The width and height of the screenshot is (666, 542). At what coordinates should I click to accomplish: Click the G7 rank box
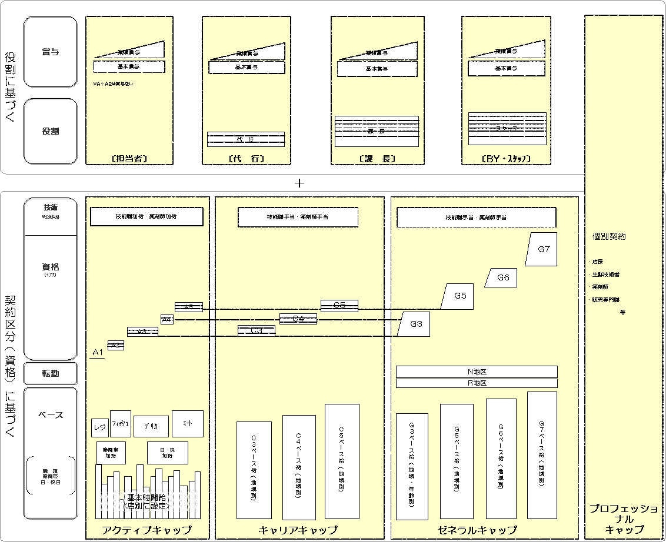click(542, 249)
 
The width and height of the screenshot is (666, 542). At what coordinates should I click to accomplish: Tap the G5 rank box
click(459, 296)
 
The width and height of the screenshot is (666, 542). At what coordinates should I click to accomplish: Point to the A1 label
click(98, 352)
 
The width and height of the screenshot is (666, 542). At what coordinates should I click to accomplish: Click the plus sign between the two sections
click(299, 183)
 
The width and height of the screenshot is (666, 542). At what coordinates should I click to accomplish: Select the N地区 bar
click(477, 372)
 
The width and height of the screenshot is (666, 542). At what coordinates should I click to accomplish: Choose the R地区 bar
click(477, 383)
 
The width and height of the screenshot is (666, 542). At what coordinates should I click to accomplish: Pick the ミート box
click(188, 423)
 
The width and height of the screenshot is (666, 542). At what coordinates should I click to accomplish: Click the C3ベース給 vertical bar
click(254, 470)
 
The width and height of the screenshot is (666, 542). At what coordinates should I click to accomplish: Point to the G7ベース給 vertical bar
click(542, 456)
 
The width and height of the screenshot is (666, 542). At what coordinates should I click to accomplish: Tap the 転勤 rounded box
click(51, 373)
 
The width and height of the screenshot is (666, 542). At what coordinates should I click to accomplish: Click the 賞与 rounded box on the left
click(51, 52)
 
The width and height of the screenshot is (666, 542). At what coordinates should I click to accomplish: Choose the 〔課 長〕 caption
click(376, 159)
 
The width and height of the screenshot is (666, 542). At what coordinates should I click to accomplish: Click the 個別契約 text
click(609, 236)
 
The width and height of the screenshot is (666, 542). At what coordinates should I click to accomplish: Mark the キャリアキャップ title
click(298, 530)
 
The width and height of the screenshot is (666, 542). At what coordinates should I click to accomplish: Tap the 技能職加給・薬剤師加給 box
click(146, 216)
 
